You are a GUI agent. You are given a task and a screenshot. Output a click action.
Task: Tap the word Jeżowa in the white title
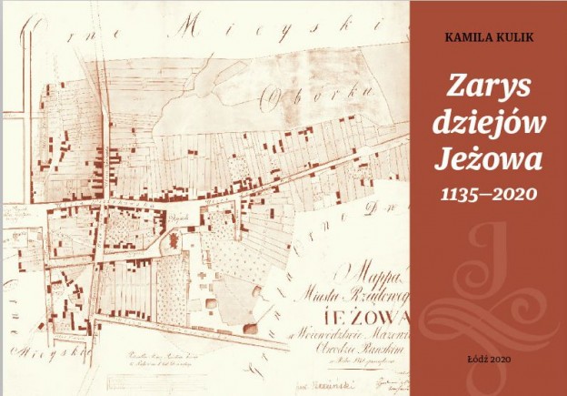point(489,162)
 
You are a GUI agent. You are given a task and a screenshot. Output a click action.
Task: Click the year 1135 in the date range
point(462,194)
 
